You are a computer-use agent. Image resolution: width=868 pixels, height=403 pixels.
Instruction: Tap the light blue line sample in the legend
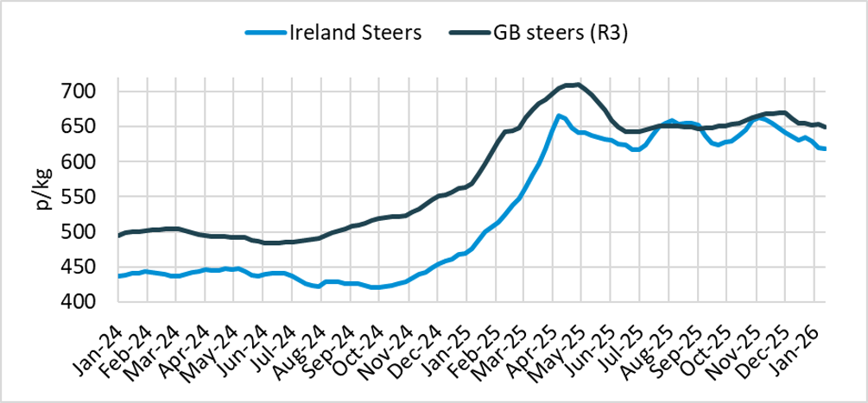pyautogui.click(x=265, y=34)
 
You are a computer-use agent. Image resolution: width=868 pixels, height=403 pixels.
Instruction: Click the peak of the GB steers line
pyautogui.click(x=574, y=85)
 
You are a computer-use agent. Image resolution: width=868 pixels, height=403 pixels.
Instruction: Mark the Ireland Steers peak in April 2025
pyautogui.click(x=559, y=115)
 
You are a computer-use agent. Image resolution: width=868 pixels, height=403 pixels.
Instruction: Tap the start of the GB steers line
pyautogui.click(x=119, y=235)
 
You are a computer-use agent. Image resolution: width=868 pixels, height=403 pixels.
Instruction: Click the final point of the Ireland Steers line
pyautogui.click(x=825, y=148)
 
